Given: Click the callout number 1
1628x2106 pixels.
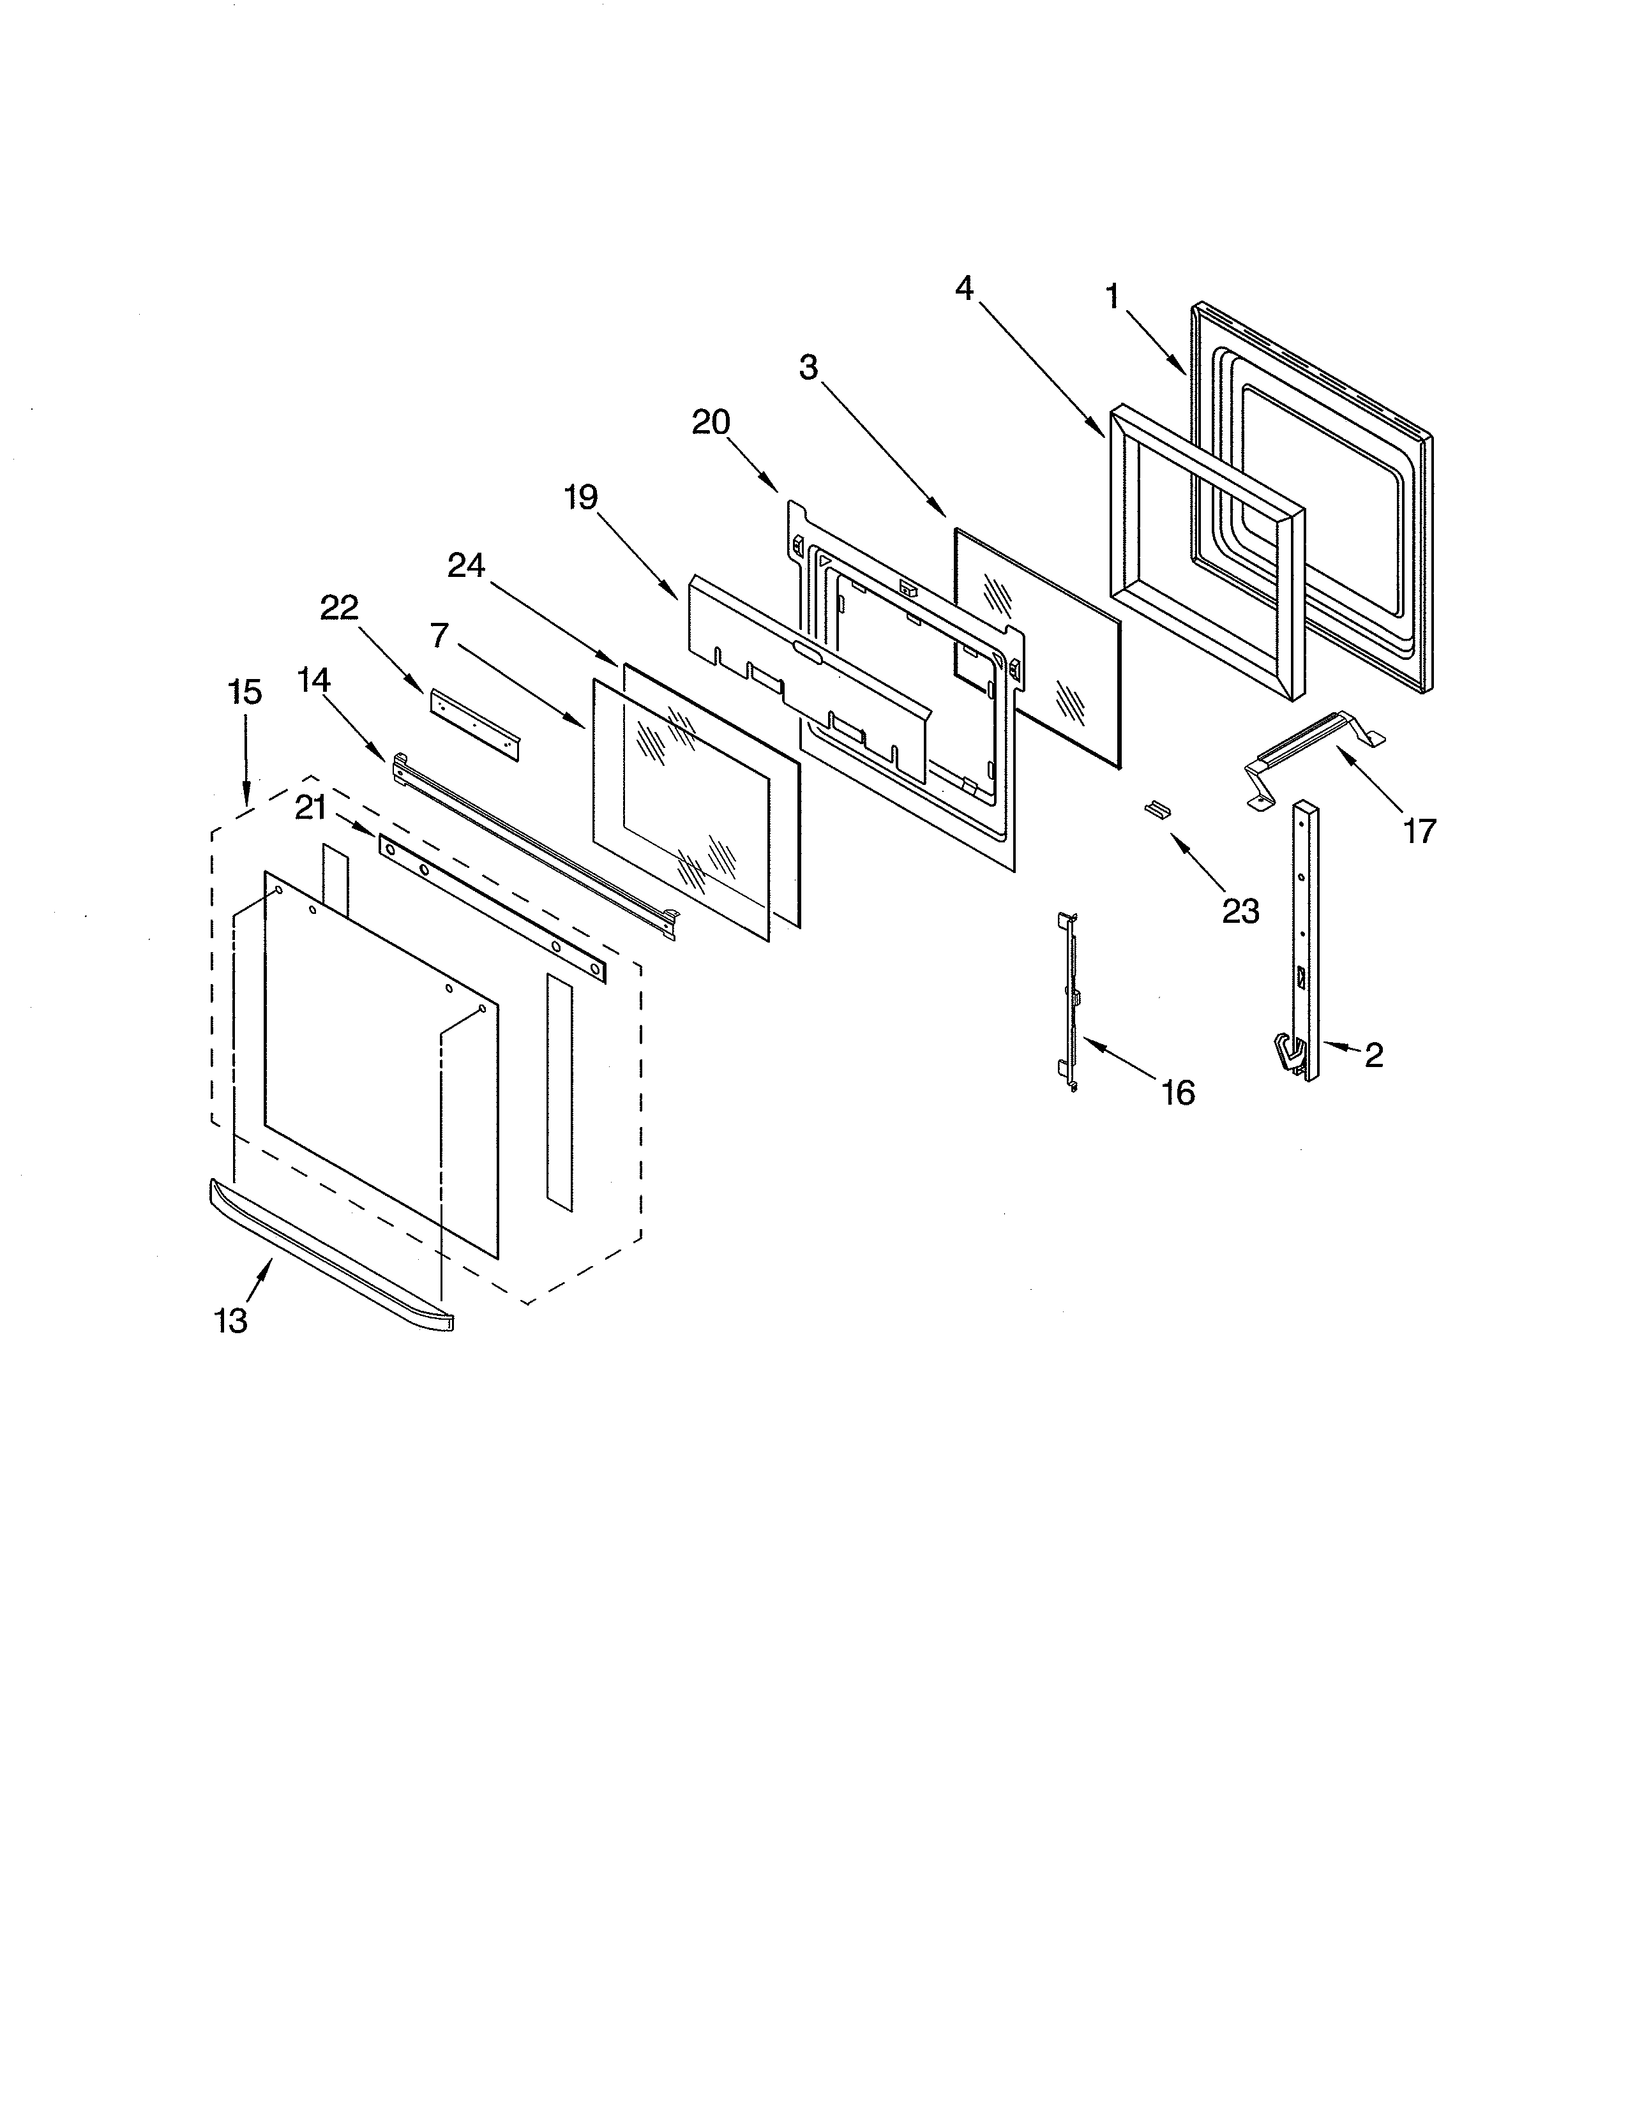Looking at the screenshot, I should tap(1112, 297).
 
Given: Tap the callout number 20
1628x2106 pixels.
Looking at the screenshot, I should tap(711, 422).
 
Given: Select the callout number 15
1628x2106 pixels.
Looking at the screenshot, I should tap(245, 692).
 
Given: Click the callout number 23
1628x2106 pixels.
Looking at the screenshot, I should tap(1240, 910).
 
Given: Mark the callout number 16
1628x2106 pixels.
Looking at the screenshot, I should tap(1178, 1093).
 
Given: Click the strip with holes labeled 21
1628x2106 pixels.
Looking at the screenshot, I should tap(492, 908).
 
